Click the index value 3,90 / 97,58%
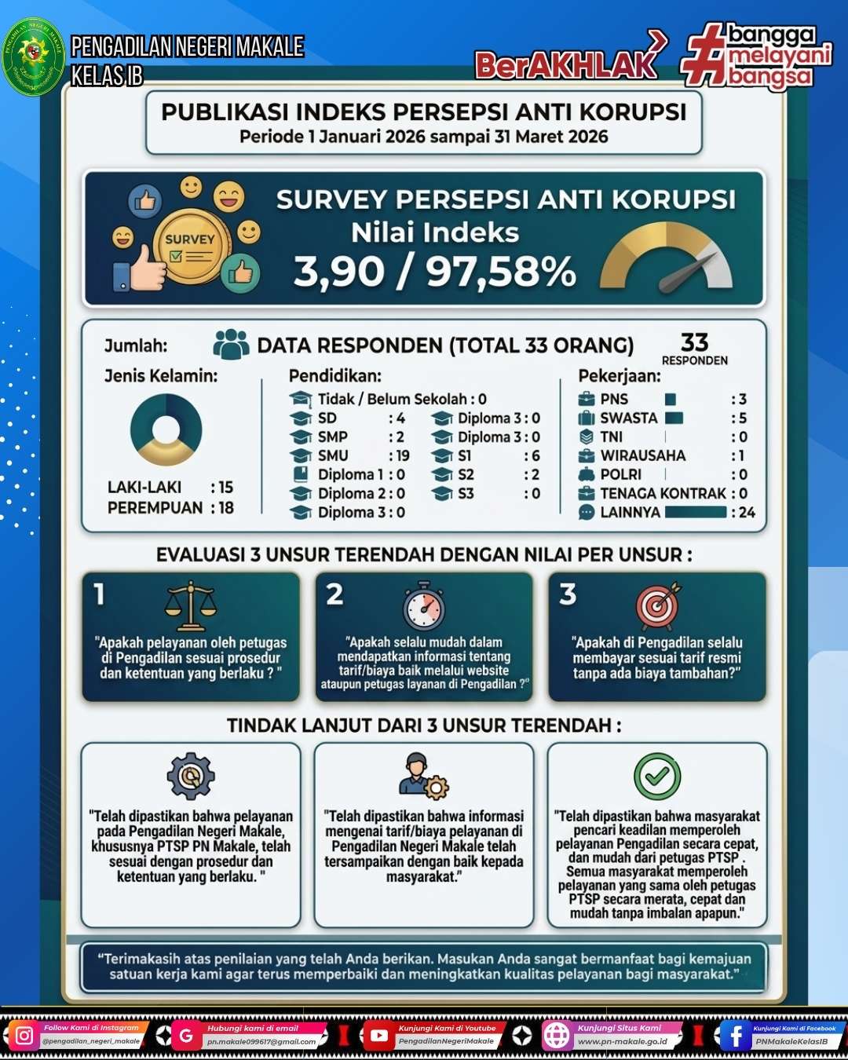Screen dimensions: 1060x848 (435, 271)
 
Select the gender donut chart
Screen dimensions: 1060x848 (166, 429)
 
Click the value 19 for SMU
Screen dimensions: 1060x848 (402, 455)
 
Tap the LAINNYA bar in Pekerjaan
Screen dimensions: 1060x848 (696, 512)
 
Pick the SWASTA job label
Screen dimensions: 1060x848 (628, 418)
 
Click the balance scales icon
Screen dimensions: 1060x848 (191, 605)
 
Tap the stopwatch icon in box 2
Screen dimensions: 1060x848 (424, 606)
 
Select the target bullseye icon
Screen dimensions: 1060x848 (658, 605)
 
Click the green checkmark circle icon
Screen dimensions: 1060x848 (657, 776)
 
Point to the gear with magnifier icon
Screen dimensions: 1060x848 (190, 776)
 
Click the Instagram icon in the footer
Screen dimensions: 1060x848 (24, 1036)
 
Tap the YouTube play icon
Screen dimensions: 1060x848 (378, 1036)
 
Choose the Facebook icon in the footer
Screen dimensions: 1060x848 (735, 1036)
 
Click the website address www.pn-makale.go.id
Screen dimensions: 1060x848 (622, 1042)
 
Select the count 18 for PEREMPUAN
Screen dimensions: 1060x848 (226, 508)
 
